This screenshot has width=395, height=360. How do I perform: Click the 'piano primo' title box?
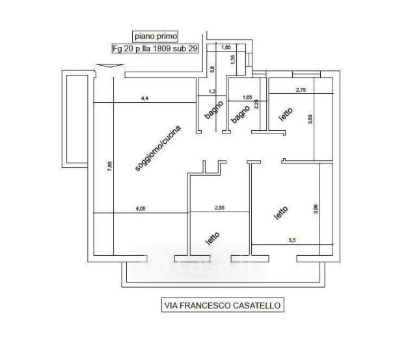(154, 36)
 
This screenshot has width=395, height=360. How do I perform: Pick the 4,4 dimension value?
(144, 98)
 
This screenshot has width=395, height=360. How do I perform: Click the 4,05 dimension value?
(140, 208)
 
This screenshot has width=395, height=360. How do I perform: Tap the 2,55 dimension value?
(219, 208)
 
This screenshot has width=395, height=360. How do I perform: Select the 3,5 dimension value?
(292, 241)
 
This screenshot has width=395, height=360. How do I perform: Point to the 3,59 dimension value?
(310, 120)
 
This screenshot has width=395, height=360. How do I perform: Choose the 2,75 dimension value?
(301, 90)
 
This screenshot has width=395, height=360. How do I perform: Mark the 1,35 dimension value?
(232, 59)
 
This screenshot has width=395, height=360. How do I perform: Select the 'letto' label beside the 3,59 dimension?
(286, 115)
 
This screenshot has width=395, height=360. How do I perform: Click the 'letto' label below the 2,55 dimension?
(212, 238)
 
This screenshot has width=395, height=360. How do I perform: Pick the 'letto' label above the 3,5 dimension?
(280, 213)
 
